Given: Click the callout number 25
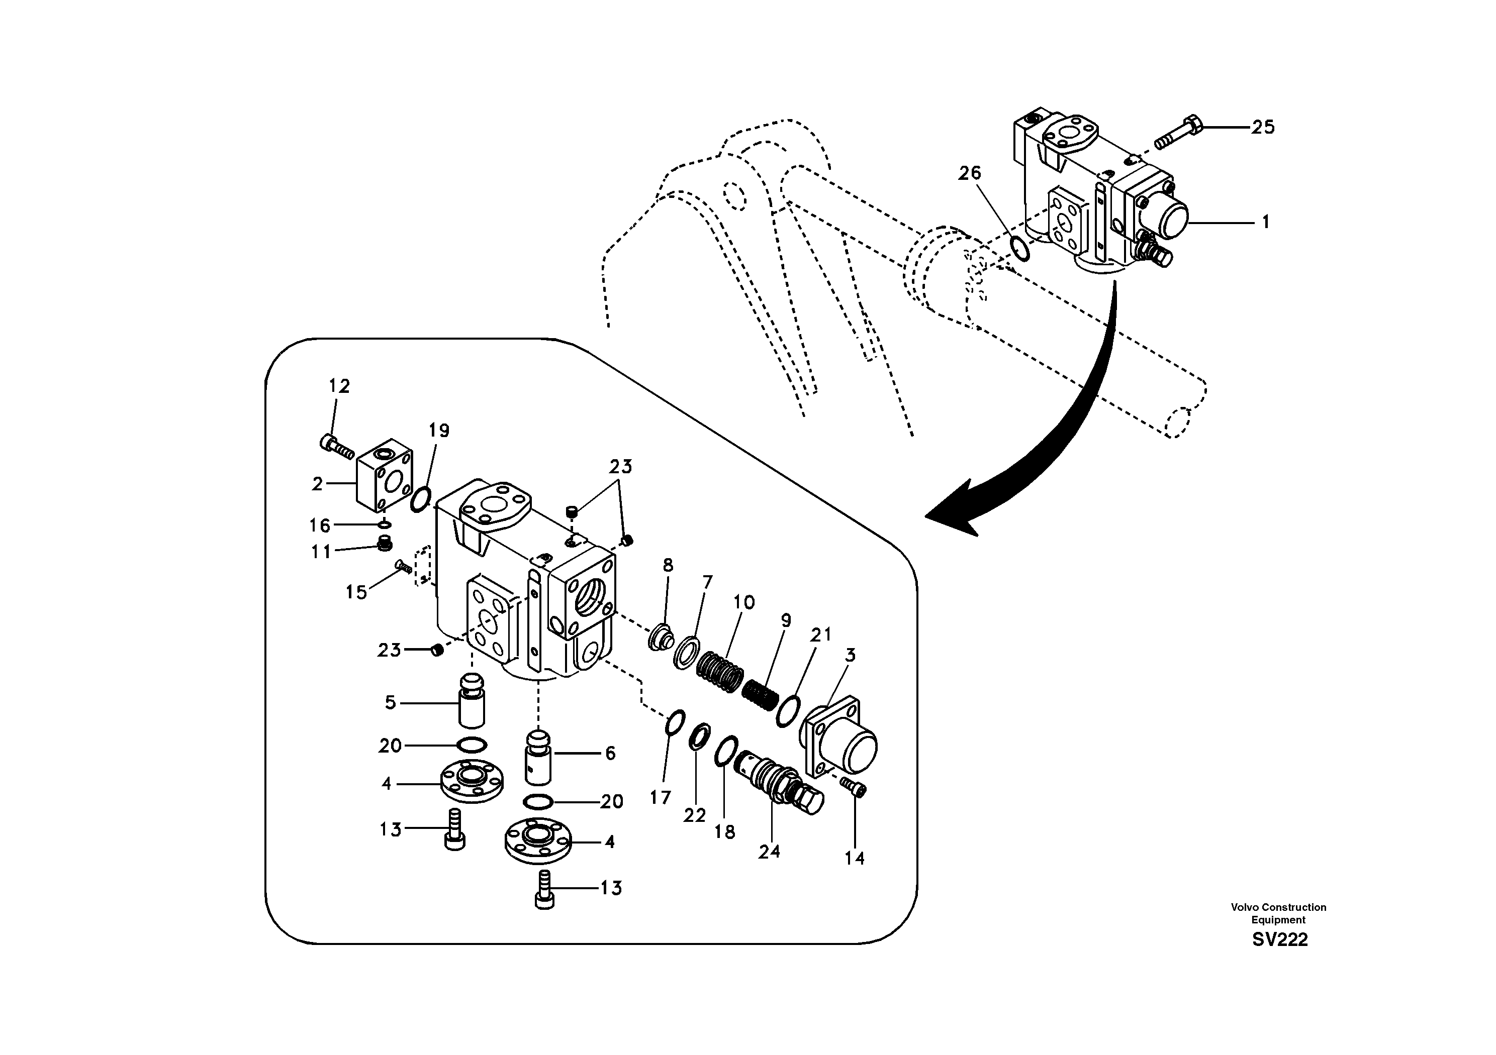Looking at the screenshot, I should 1262,127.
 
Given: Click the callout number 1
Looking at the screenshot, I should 1265,223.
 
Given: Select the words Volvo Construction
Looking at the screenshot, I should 1278,907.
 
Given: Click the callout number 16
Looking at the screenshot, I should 320,525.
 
